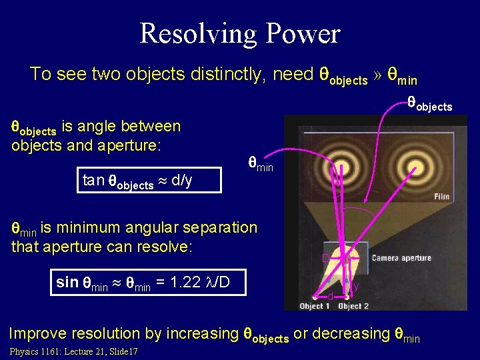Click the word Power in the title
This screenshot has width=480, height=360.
306,33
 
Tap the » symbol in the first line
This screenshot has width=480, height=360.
378,75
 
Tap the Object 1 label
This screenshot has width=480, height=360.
315,306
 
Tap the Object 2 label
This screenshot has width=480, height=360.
353,306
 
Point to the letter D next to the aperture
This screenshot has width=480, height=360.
325,258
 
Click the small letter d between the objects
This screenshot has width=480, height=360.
329,295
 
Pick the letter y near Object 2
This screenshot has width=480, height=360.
356,287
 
